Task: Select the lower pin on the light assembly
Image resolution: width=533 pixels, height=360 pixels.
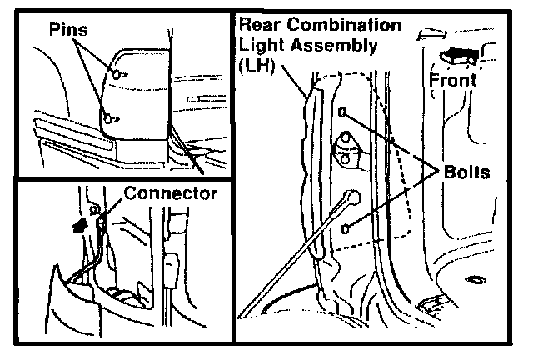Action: [x=108, y=117]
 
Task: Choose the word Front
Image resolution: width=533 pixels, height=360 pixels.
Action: [x=453, y=81]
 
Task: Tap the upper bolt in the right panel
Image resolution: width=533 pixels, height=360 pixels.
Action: [x=342, y=111]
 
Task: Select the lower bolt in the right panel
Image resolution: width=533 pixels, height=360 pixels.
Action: [x=344, y=227]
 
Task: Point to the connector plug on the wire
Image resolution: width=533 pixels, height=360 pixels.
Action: [x=100, y=222]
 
